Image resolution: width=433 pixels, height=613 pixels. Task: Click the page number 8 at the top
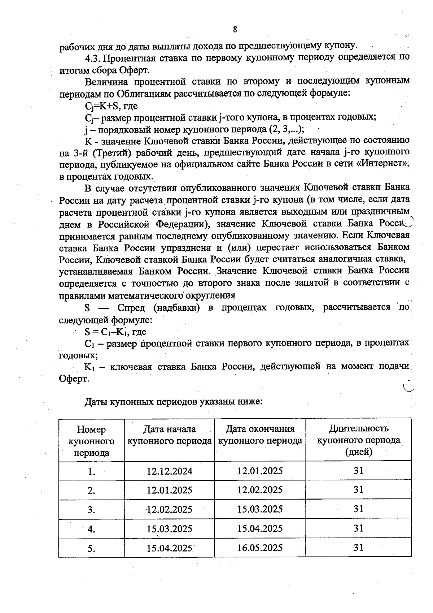coord(235,29)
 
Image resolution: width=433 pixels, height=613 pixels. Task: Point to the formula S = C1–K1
coord(106,332)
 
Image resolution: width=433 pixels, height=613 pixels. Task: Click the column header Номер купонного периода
coord(91,441)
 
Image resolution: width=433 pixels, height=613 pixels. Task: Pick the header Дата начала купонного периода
coord(169,435)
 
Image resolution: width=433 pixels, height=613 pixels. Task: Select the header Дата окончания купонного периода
coord(260,435)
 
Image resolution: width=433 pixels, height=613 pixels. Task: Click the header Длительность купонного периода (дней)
coord(358,440)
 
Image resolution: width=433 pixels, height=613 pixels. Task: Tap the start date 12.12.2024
coord(169,471)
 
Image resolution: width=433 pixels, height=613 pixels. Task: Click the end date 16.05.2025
coord(260,548)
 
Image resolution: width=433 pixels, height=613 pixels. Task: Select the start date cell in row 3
coord(169,510)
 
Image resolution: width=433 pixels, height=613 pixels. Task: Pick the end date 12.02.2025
coord(260,490)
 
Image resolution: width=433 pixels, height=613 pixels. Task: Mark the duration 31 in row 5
coord(358,547)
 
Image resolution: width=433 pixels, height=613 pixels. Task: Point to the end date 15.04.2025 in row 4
coord(260,529)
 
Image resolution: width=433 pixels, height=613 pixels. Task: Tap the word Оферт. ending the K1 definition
coord(74,379)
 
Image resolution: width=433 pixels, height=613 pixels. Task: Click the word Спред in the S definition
coord(132,308)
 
